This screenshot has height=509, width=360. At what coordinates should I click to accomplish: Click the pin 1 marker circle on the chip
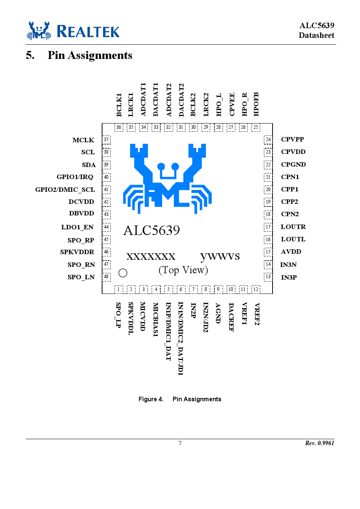123,273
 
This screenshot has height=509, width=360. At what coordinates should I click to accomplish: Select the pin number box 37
106,140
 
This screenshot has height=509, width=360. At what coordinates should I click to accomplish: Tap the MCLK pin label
83,140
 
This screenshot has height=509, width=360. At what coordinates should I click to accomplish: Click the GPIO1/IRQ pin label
75,177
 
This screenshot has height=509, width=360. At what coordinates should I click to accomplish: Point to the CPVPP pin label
292,139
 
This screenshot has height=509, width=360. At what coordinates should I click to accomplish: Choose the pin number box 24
268,139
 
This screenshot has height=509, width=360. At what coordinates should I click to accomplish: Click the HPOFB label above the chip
256,104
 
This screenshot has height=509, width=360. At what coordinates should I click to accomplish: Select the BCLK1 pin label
119,105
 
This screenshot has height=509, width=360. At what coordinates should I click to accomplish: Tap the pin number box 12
256,289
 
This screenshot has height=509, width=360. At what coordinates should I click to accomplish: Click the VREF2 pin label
257,314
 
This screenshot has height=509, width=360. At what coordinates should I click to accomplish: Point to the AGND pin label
218,313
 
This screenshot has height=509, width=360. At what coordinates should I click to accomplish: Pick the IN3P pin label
289,277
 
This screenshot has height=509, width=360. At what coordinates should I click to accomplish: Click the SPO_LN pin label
81,277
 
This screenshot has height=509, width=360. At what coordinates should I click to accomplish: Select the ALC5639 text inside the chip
151,230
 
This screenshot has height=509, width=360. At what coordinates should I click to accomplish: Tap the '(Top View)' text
183,270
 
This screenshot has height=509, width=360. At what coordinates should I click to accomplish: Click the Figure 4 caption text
180,399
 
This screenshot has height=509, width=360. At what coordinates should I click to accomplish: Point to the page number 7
180,443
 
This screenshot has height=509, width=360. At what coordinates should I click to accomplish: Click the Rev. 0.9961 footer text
319,443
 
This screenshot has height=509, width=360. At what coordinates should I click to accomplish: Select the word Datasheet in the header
316,35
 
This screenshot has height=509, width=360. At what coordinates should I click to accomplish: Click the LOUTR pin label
293,227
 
